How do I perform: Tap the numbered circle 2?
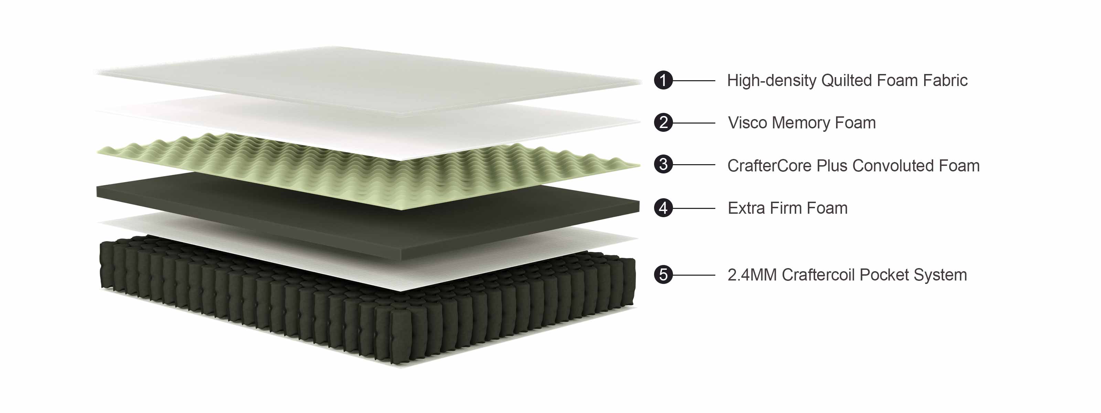point(663,123)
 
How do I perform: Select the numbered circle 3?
point(663,165)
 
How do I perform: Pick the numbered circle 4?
point(663,208)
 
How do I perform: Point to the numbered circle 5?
point(663,275)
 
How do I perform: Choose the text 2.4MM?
point(752,275)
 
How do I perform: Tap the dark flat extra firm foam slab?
point(367,214)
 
